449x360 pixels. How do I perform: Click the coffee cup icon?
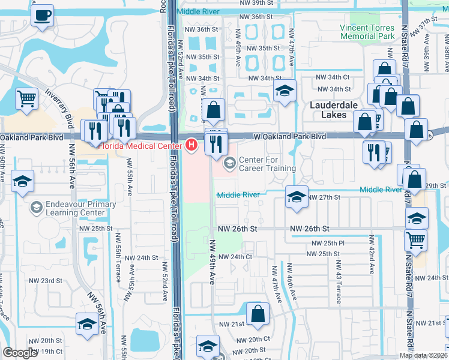point(42,16)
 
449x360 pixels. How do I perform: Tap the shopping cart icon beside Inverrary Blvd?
point(26,98)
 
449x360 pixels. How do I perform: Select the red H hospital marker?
point(191,144)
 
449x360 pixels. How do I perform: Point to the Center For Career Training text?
point(267,164)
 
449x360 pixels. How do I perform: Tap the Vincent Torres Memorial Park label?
point(367,32)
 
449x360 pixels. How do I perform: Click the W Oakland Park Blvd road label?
point(289,137)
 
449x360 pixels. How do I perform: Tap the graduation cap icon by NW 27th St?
point(296,197)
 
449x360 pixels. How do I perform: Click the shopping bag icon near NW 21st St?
point(258,313)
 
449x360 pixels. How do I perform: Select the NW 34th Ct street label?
point(334,77)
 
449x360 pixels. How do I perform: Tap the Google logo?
point(20,353)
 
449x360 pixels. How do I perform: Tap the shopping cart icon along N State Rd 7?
point(415,241)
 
